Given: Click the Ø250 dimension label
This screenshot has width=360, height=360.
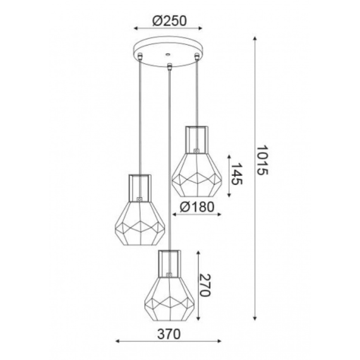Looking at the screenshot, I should pyautogui.click(x=169, y=20).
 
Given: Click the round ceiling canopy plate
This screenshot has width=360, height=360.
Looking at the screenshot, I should pyautogui.click(x=169, y=51).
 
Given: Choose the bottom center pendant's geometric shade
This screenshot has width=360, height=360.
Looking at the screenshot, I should pyautogui.click(x=169, y=294).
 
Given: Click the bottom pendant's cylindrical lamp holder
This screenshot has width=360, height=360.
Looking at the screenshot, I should pyautogui.click(x=169, y=260).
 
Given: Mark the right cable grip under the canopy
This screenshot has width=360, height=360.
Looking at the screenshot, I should pyautogui.click(x=197, y=59).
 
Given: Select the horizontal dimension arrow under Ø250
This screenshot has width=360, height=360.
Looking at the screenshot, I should pyautogui.click(x=169, y=29).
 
